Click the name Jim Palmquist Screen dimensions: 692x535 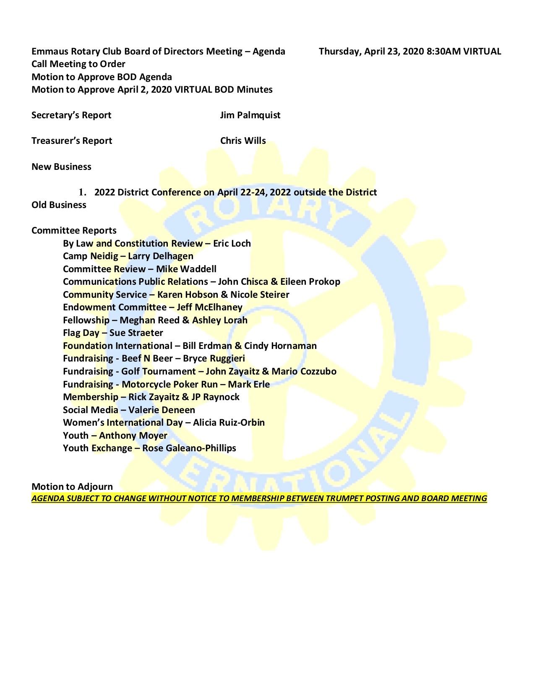click(x=250, y=115)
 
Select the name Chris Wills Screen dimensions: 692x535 click(x=243, y=141)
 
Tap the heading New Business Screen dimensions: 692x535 click(x=61, y=167)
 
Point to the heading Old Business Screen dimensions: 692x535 click(x=59, y=205)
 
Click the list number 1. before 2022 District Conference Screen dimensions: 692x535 click(x=83, y=193)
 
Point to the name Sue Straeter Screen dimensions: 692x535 click(x=136, y=333)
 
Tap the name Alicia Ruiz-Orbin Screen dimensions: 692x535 click(x=229, y=423)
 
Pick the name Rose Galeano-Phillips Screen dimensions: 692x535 click(x=189, y=448)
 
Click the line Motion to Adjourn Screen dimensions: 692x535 click(x=72, y=487)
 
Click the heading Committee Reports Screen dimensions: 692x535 click(x=74, y=231)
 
